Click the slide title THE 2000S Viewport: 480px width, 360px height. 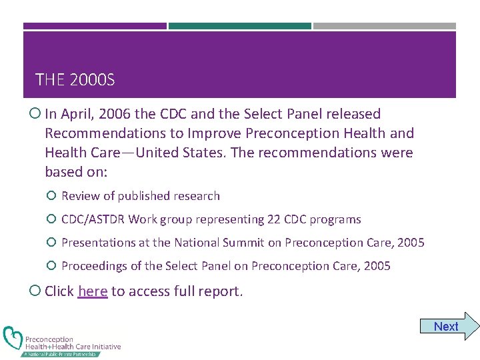[75, 81]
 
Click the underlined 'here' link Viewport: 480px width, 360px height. [93, 291]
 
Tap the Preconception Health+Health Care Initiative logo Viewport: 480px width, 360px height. [61, 341]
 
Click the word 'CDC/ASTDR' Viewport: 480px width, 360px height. [93, 219]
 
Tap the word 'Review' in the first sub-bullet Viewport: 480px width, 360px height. [80, 196]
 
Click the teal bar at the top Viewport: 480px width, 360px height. [240, 26]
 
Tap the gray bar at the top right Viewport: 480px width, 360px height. [385, 26]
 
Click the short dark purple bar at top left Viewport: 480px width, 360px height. [95, 26]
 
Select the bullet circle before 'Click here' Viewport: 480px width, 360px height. [35, 291]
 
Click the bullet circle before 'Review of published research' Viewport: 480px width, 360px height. [51, 196]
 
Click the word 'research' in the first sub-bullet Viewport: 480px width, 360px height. [197, 196]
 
